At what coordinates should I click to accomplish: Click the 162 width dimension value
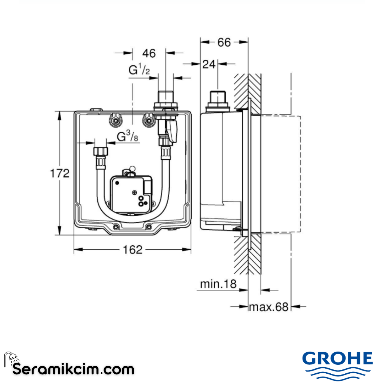tap(133, 250)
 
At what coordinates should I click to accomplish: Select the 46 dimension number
tap(149, 53)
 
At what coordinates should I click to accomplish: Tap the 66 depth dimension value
tap(224, 42)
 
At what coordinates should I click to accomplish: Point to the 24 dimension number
tap(209, 64)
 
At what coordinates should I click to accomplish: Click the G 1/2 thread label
tap(139, 70)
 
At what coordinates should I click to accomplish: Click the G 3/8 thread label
tap(127, 137)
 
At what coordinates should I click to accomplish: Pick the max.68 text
tap(269, 306)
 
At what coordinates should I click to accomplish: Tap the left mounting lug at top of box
tap(116, 120)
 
